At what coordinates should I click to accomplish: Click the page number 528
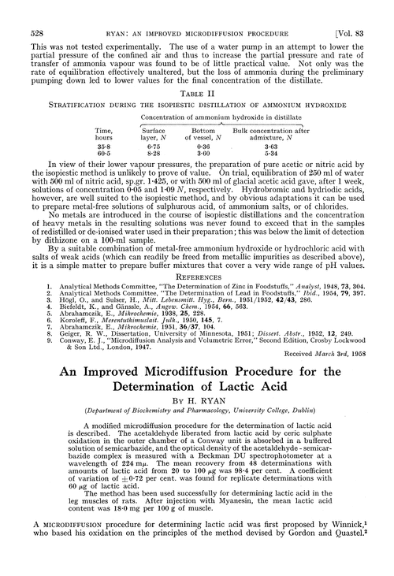click(x=24, y=10)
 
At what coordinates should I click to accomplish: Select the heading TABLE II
click(x=196, y=87)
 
